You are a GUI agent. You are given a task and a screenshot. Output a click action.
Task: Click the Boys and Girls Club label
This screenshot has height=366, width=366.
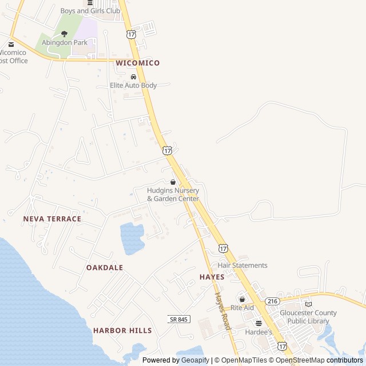(x=90, y=11)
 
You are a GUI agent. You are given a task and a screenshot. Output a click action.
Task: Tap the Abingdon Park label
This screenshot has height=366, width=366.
(x=65, y=42)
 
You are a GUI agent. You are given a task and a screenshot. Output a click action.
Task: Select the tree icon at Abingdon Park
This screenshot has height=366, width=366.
(x=64, y=34)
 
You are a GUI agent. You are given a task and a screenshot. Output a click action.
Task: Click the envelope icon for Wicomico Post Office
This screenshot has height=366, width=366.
(x=11, y=44)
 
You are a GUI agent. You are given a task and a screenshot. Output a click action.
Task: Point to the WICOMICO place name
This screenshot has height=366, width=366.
(x=137, y=63)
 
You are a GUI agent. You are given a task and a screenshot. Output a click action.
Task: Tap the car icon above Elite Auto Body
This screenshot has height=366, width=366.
(x=133, y=77)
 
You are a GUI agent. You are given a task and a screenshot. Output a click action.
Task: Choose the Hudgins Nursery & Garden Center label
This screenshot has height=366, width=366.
(x=173, y=194)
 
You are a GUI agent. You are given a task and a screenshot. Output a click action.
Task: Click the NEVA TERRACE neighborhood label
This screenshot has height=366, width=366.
(x=52, y=219)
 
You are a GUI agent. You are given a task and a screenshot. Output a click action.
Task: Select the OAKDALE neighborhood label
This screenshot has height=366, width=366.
(x=105, y=268)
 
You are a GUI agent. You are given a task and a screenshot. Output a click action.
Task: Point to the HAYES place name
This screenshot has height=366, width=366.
(x=212, y=277)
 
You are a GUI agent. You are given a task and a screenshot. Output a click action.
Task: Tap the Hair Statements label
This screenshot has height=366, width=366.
(x=242, y=265)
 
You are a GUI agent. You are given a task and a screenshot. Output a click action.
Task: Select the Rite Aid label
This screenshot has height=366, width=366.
(x=242, y=308)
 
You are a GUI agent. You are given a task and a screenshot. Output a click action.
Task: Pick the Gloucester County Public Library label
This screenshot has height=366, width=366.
(x=308, y=317)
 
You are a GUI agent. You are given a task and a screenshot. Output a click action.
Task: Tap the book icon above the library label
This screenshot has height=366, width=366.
(x=308, y=304)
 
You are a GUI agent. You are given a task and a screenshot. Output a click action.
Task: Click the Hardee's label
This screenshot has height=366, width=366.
(x=258, y=332)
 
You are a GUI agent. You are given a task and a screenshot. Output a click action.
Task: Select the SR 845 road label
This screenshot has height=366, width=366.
(x=179, y=319)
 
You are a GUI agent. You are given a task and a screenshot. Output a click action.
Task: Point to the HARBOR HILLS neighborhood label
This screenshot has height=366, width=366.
(x=122, y=331)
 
